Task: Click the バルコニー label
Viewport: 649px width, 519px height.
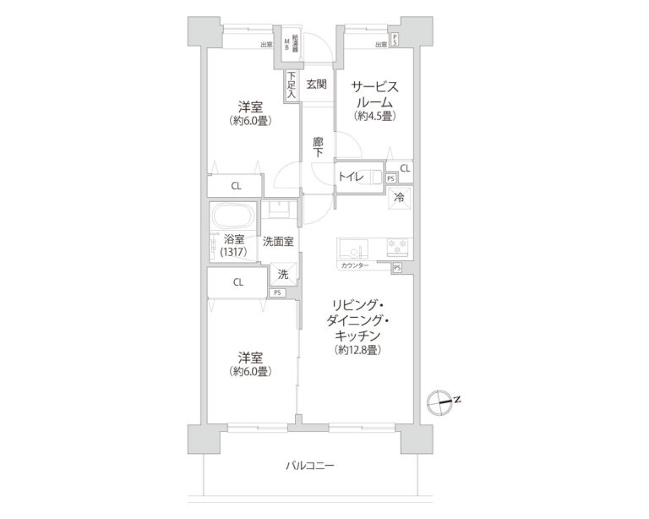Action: (309, 465)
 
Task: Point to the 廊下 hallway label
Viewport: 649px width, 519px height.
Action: (318, 145)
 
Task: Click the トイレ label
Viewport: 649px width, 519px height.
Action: (351, 177)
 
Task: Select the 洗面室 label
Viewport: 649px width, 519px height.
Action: (278, 242)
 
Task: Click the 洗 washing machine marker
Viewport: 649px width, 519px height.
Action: (283, 274)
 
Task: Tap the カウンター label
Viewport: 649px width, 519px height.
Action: (354, 265)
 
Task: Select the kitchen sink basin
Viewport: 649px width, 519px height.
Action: (352, 249)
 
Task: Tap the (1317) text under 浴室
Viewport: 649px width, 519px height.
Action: (232, 253)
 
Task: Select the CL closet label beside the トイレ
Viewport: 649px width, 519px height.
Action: (406, 169)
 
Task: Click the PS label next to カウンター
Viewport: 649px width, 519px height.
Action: (396, 267)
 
